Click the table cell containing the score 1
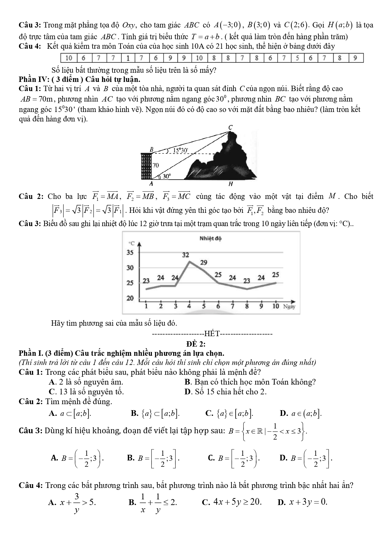(x=128, y=58)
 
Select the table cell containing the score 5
(x=297, y=58)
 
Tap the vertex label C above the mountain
(x=230, y=127)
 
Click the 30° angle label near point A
(x=166, y=176)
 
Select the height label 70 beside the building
(x=156, y=165)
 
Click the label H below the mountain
(x=231, y=184)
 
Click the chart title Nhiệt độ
(x=210, y=238)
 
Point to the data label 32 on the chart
(x=185, y=255)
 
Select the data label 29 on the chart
(x=204, y=262)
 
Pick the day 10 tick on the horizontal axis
(x=275, y=306)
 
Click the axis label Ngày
(x=289, y=306)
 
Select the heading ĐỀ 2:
(x=196, y=344)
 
